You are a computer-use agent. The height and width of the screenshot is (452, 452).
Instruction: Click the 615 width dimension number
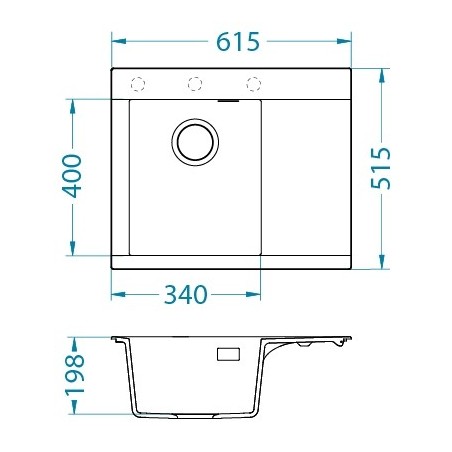tap(237, 42)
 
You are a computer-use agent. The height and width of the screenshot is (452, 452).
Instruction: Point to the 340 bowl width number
tap(186, 295)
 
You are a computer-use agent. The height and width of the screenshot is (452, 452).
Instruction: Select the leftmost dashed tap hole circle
tap(139, 83)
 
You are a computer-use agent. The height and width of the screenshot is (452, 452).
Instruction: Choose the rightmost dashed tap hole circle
tap(253, 83)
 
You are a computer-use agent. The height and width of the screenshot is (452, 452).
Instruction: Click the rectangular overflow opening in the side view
tap(229, 354)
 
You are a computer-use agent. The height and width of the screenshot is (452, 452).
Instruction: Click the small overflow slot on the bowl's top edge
tap(229, 100)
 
